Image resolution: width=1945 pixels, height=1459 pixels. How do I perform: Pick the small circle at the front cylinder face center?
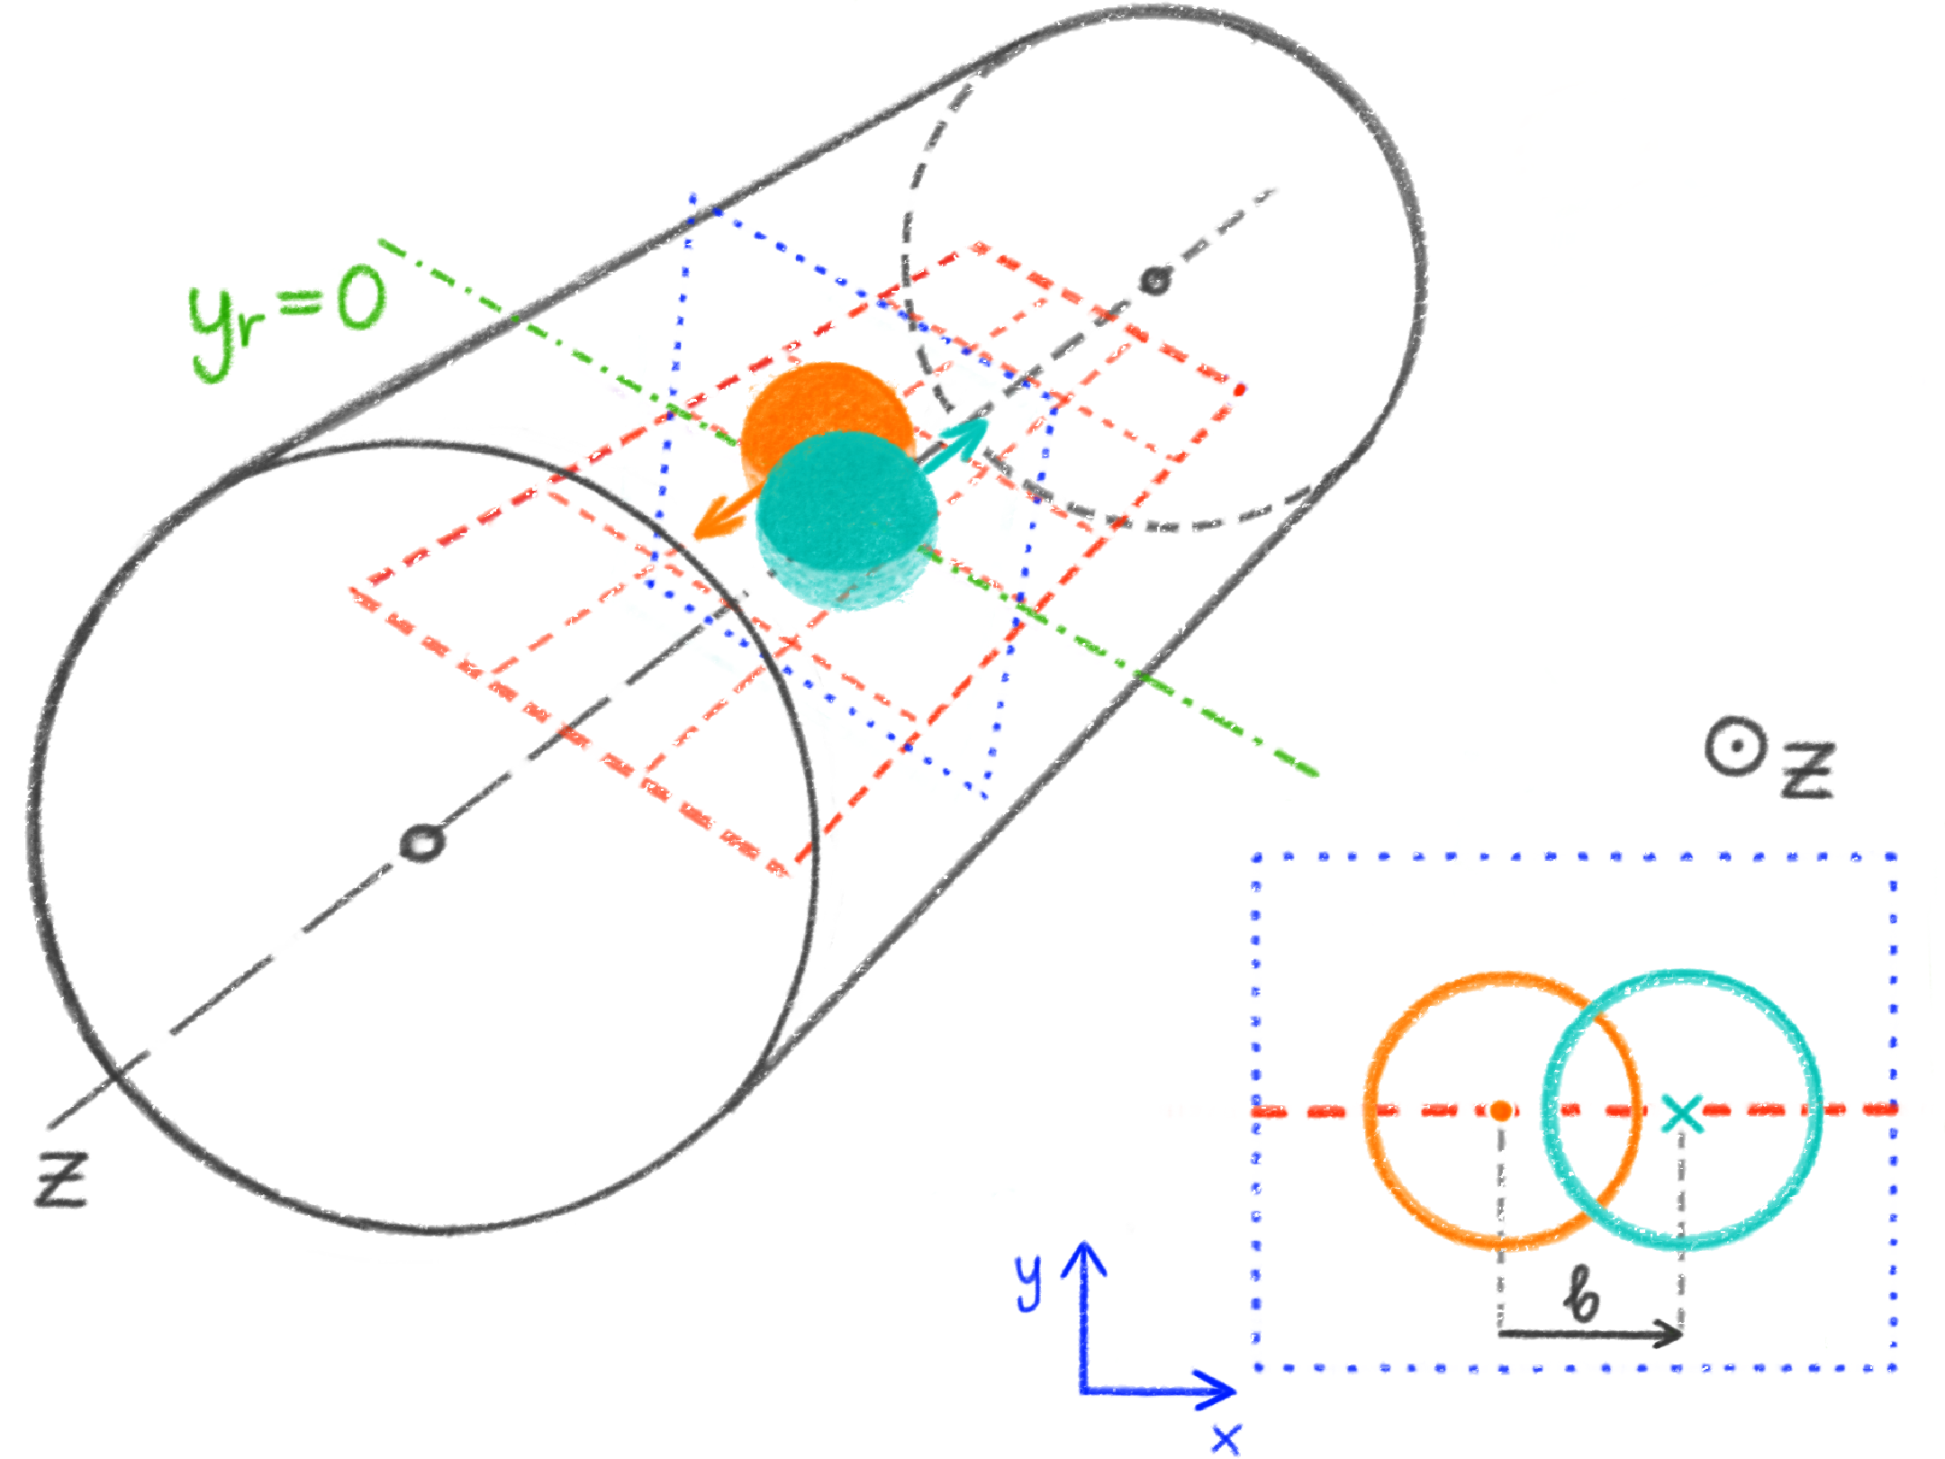point(421,843)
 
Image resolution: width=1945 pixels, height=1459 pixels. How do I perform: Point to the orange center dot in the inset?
point(1500,1110)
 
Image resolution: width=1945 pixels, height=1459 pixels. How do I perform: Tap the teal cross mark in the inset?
point(1681,1113)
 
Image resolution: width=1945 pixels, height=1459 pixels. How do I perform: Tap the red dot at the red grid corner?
point(1240,390)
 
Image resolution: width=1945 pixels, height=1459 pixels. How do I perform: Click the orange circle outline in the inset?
point(1368,1110)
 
